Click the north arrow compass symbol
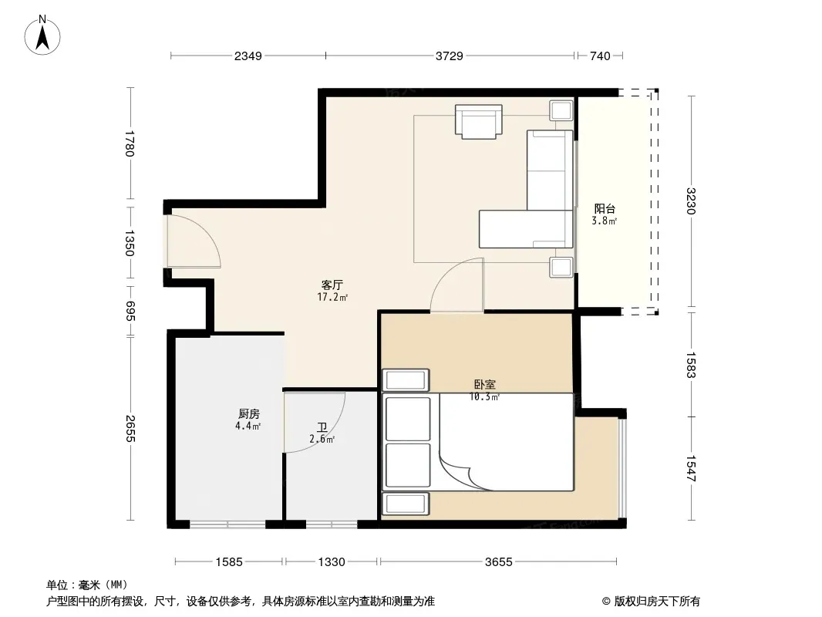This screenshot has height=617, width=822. [x=42, y=35]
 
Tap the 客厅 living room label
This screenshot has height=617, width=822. [x=332, y=285]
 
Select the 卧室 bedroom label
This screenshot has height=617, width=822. [x=484, y=384]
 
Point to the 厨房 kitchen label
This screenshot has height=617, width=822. [x=248, y=414]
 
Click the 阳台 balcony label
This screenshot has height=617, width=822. [x=605, y=209]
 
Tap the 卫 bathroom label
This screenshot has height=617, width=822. [x=322, y=428]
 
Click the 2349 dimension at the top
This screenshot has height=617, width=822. [x=248, y=56]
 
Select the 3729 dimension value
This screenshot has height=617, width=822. [x=450, y=56]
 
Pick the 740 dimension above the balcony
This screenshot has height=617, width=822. [x=600, y=56]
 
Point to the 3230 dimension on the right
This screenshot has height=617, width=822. [x=690, y=201]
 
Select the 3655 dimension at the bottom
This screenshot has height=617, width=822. [x=499, y=562]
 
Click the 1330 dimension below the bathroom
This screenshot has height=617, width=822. [x=332, y=562]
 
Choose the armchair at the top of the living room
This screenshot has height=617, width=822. [x=479, y=122]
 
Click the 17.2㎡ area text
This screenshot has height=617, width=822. [x=332, y=297]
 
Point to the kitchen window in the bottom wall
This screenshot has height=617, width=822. [x=227, y=524]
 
